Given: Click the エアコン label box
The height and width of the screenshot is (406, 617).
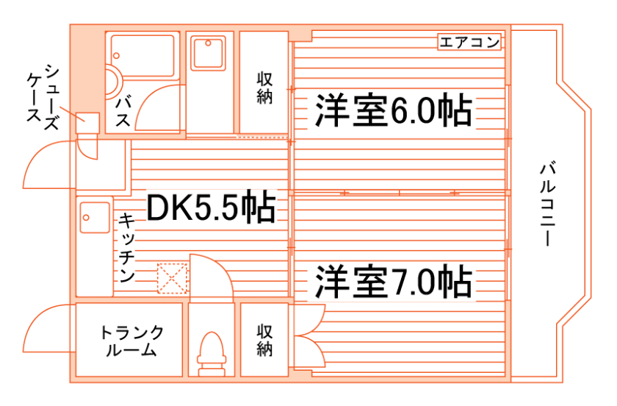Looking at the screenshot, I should (470, 42).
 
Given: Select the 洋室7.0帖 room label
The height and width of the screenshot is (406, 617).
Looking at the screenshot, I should (393, 282).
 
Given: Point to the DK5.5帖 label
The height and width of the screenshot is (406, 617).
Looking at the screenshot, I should (211, 207).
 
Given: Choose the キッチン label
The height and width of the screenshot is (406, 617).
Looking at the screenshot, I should (126, 249).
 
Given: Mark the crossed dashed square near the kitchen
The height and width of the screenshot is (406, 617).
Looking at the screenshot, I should (173, 278).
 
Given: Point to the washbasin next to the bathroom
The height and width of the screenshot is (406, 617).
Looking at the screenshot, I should (209, 53).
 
